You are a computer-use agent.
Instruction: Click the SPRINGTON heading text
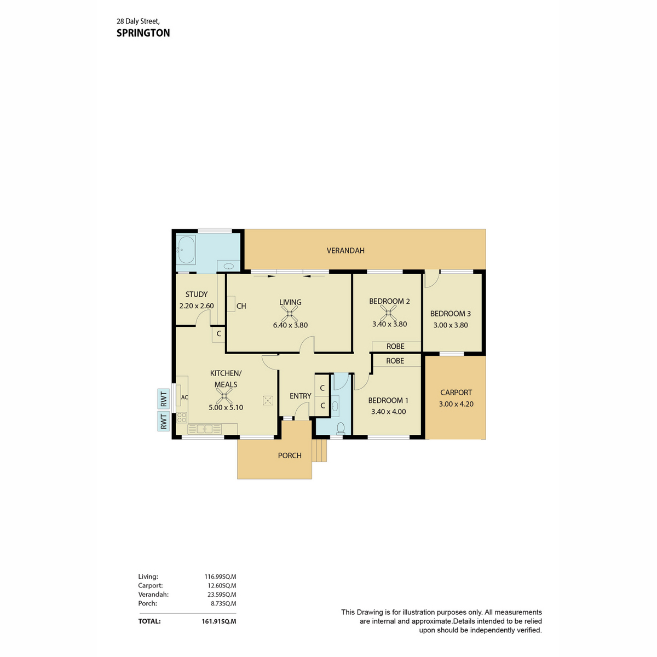click(x=143, y=33)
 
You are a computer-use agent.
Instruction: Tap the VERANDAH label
click(x=345, y=250)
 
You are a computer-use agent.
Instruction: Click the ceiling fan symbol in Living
click(x=290, y=314)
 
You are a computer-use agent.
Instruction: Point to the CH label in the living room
click(x=241, y=306)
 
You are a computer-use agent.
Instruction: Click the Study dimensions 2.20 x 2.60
click(x=196, y=306)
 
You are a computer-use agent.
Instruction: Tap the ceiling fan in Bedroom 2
click(x=389, y=313)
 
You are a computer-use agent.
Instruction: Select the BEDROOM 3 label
click(x=450, y=314)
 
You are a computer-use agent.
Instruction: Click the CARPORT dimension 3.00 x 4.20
click(x=456, y=404)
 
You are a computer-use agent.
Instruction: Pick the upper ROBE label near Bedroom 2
click(x=395, y=347)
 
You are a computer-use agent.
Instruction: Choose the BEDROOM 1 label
click(x=388, y=400)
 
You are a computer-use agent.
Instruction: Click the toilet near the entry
click(x=340, y=428)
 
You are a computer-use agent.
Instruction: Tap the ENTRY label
click(x=300, y=396)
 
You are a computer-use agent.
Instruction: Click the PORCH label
click(x=290, y=456)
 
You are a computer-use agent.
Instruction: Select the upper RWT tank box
click(x=163, y=399)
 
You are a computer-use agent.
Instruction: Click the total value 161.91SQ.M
click(x=218, y=621)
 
